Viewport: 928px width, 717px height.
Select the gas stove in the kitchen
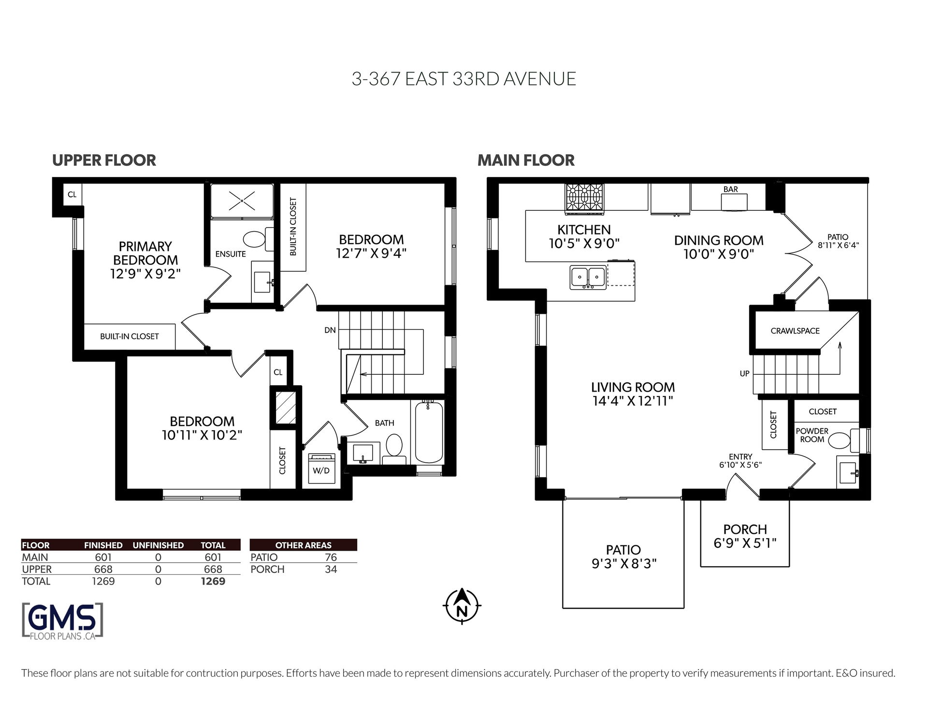585,198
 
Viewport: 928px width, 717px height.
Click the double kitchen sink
588,277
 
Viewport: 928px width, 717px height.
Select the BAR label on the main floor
731,189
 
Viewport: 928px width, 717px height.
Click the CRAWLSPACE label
795,331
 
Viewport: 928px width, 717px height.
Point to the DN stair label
330,331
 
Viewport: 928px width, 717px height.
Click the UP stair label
745,374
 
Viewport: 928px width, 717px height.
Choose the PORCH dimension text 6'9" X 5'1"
745,543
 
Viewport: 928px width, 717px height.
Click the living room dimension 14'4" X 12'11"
633,401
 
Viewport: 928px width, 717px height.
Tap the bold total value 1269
213,581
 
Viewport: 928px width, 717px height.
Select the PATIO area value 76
331,557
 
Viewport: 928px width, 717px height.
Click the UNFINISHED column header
158,545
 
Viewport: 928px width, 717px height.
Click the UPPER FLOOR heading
104,160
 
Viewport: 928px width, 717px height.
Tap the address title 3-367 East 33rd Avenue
464,79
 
